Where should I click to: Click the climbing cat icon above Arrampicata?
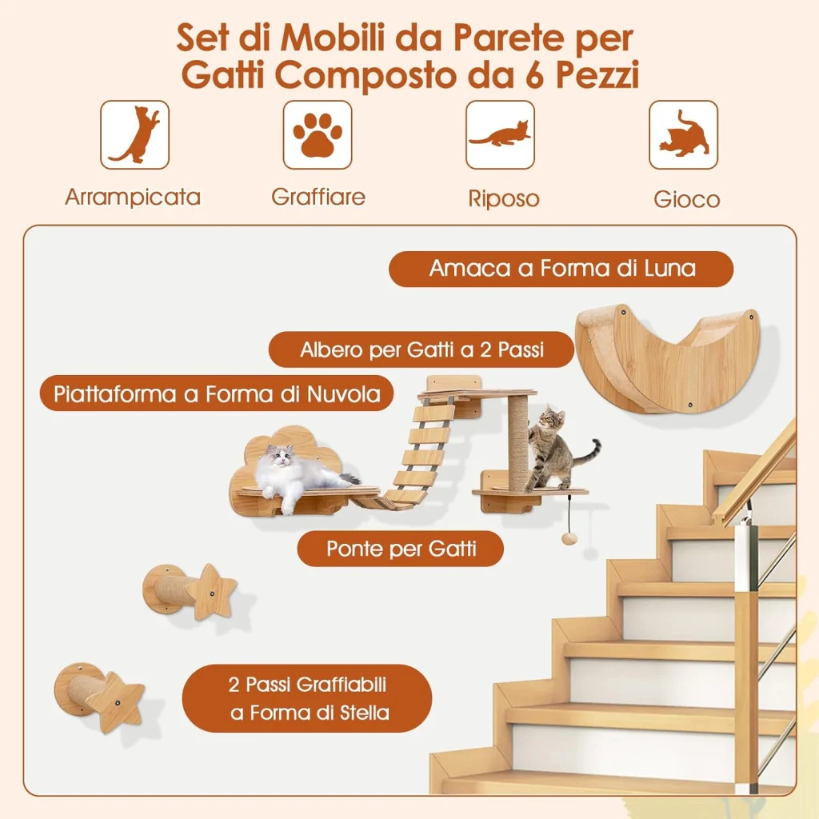click(x=134, y=134)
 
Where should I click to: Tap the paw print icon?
click(x=318, y=134)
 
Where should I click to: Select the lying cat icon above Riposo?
click(x=501, y=134)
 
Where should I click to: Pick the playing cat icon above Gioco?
click(x=683, y=134)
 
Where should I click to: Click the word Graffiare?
click(x=318, y=197)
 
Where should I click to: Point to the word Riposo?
click(x=504, y=198)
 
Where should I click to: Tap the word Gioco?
click(x=686, y=199)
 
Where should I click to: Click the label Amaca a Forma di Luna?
click(x=561, y=269)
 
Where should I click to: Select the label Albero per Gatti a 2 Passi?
click(x=421, y=350)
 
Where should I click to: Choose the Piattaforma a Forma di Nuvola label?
click(x=217, y=394)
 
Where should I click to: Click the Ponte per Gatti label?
click(x=401, y=549)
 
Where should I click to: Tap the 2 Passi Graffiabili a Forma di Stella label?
click(x=308, y=698)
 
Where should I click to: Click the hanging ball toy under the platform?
click(x=568, y=538)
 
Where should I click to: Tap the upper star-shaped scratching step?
click(x=190, y=590)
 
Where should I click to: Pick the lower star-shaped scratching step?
click(x=99, y=697)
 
